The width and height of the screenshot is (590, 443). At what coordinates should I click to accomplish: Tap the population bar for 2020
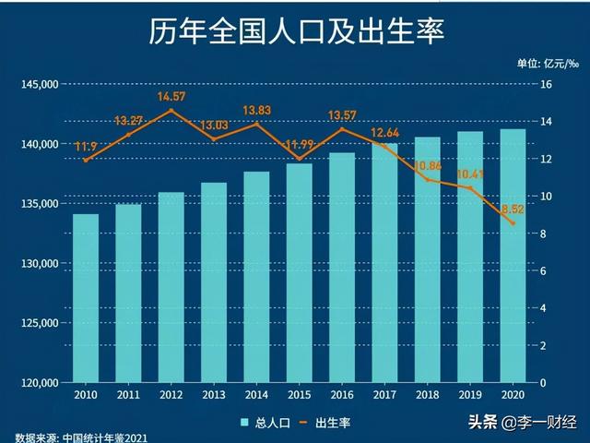click(x=513, y=256)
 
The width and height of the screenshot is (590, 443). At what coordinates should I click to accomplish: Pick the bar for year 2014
click(x=256, y=277)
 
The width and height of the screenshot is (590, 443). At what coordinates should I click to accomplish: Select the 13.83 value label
click(x=256, y=111)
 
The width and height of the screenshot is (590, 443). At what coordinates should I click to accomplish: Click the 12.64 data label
click(x=385, y=134)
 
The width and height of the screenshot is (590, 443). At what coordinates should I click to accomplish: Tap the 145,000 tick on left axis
click(x=40, y=85)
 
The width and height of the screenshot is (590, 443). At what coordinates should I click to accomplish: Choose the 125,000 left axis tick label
click(x=40, y=323)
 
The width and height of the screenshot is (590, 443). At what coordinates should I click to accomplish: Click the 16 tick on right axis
click(x=546, y=85)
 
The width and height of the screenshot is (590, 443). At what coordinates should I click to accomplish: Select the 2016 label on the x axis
click(x=342, y=395)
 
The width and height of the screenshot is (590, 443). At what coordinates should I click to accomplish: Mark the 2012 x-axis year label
click(x=171, y=395)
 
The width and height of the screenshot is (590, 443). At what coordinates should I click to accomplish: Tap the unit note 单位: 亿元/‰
click(x=549, y=64)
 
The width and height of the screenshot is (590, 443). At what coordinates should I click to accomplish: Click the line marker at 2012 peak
click(x=171, y=111)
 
